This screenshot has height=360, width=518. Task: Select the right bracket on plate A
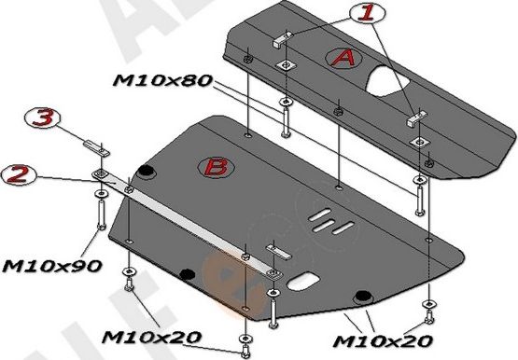click(416, 118)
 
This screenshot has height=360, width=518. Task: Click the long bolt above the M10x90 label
click(98, 214)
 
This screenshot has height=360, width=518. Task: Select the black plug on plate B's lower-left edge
click(188, 273)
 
